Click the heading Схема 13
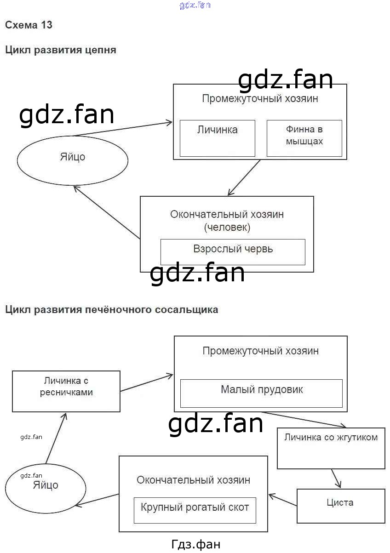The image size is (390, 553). click(x=29, y=25)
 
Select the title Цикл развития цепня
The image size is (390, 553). click(x=60, y=50)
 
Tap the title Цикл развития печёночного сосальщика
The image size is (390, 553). click(x=112, y=310)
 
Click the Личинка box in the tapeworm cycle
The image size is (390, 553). click(x=217, y=138)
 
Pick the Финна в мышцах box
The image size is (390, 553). click(x=304, y=138)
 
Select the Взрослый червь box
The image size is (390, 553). click(x=233, y=251)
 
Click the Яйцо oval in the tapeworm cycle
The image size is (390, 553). click(x=73, y=159)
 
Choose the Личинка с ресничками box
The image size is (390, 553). click(x=66, y=391)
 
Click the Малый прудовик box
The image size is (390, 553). click(x=261, y=393)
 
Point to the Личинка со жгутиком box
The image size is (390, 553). click(x=331, y=448)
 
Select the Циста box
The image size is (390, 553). click(x=340, y=506)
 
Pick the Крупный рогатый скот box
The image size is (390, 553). click(x=195, y=510)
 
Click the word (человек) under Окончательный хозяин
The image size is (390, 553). click(x=227, y=227)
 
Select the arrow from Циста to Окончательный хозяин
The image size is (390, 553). click(x=283, y=500)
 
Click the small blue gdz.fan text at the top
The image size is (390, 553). click(x=195, y=6)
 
